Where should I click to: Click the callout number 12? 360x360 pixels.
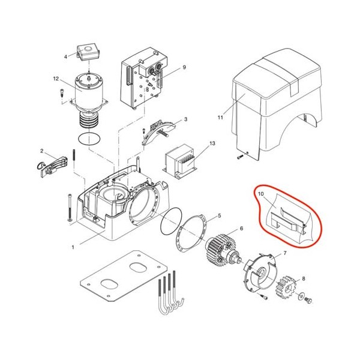coord(56,79)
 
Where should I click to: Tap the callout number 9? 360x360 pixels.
coord(184,67)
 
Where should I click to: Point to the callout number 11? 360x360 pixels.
coord(220,118)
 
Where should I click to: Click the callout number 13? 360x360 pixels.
coord(212,144)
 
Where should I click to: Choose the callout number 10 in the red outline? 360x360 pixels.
coord(261,194)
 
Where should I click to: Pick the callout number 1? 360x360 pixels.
coord(73,247)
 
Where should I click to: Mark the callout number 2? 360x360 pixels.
coord(42,151)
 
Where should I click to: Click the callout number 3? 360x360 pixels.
coord(186,120)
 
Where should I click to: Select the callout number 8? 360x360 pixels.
coord(304,278)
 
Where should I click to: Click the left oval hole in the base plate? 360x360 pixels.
coord(110,283)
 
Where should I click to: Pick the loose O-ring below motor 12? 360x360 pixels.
coord(89,140)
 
